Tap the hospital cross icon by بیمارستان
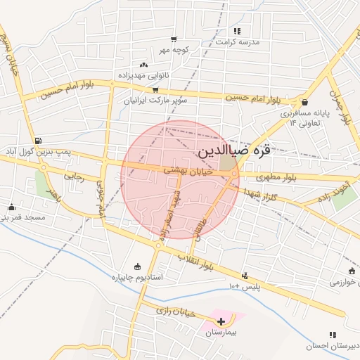[221, 321]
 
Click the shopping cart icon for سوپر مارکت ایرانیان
[155, 90]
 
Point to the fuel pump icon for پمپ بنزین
[37, 140]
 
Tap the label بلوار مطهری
[276, 178]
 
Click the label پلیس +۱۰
[245, 286]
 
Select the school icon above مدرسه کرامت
[237, 31]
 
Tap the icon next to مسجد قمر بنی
[11, 207]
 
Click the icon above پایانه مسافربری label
[304, 102]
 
